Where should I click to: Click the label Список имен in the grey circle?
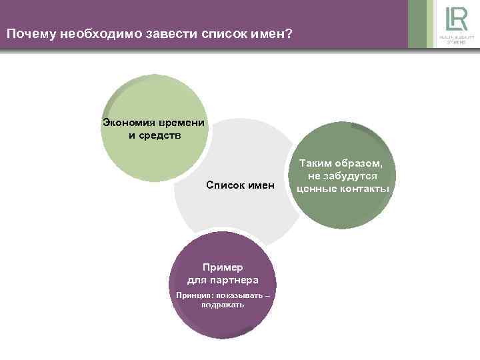click(x=240, y=183)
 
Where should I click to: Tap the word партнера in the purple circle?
click(x=233, y=279)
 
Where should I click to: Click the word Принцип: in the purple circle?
click(x=193, y=295)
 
